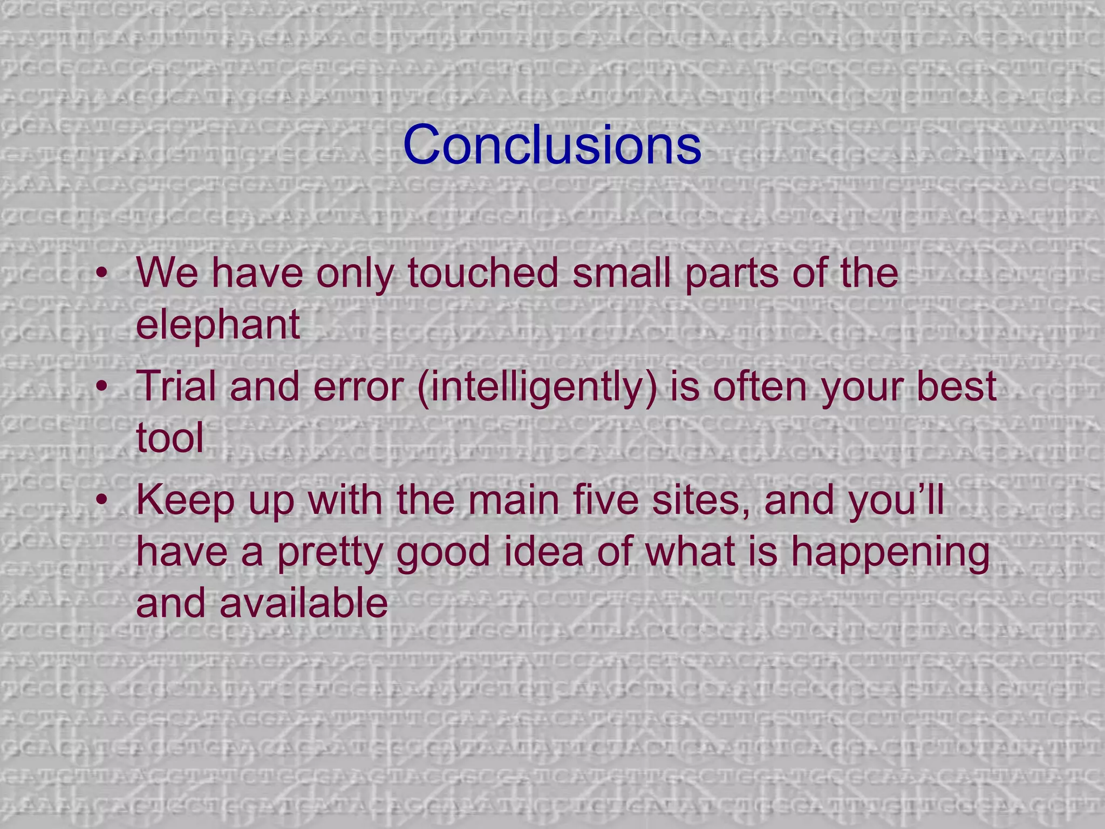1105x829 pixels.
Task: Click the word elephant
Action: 217,324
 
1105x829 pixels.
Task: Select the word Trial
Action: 176,386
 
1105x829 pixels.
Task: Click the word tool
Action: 170,438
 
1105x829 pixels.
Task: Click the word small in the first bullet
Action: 622,273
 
